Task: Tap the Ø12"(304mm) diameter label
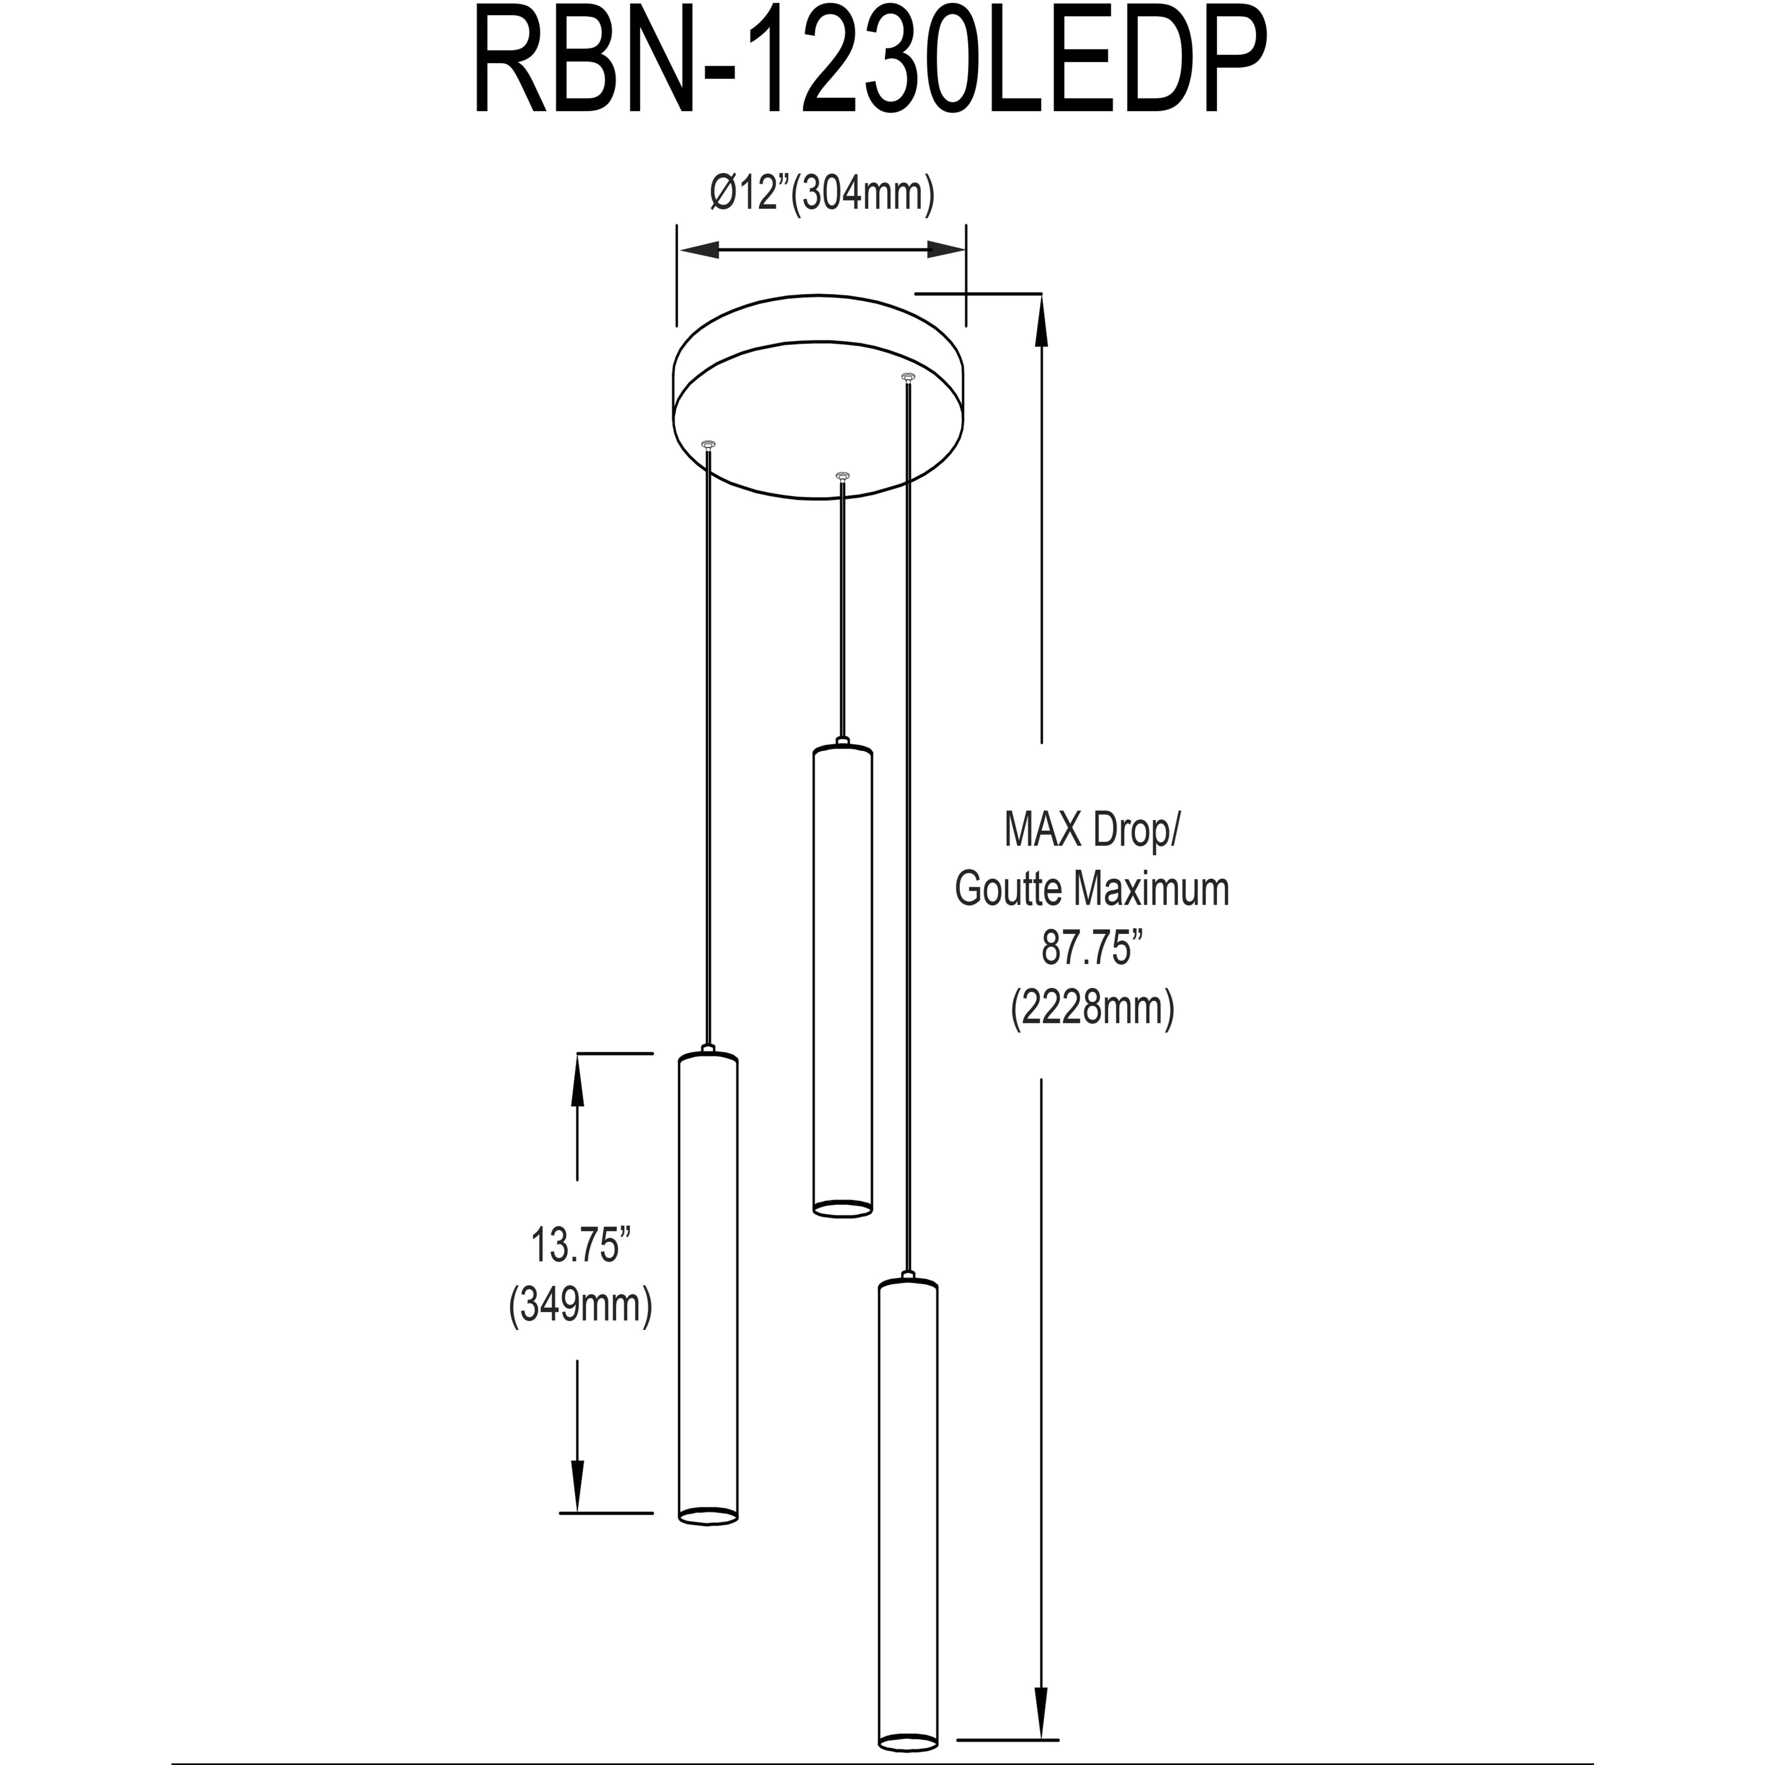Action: coord(822,195)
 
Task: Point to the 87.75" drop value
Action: coord(1093,948)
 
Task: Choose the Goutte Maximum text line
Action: coord(1093,889)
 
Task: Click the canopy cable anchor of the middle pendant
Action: coord(843,476)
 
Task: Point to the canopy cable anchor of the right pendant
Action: coord(907,377)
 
